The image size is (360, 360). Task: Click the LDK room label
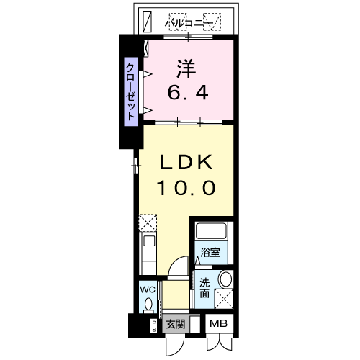(x=186, y=162)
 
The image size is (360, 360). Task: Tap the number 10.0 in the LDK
(x=186, y=188)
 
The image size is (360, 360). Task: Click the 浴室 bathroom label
(x=210, y=253)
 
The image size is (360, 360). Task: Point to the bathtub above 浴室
(x=210, y=233)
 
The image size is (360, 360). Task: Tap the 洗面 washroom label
(x=204, y=288)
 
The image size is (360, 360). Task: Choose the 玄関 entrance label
(x=175, y=325)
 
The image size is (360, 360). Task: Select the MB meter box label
(x=219, y=325)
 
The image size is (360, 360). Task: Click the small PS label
(x=153, y=325)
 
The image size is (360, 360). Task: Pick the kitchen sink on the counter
(x=148, y=243)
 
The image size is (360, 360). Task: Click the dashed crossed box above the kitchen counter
(x=147, y=221)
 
